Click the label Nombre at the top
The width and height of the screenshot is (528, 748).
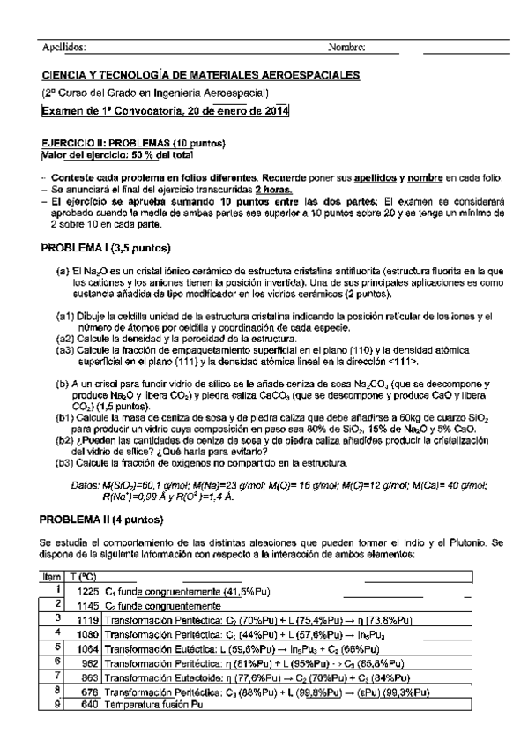click(346, 47)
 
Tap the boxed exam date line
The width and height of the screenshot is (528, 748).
click(165, 110)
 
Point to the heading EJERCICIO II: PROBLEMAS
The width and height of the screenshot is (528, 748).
click(135, 144)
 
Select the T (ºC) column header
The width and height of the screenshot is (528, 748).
click(82, 576)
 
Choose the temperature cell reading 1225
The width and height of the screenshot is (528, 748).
click(87, 589)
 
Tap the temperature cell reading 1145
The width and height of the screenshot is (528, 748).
click(87, 607)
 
